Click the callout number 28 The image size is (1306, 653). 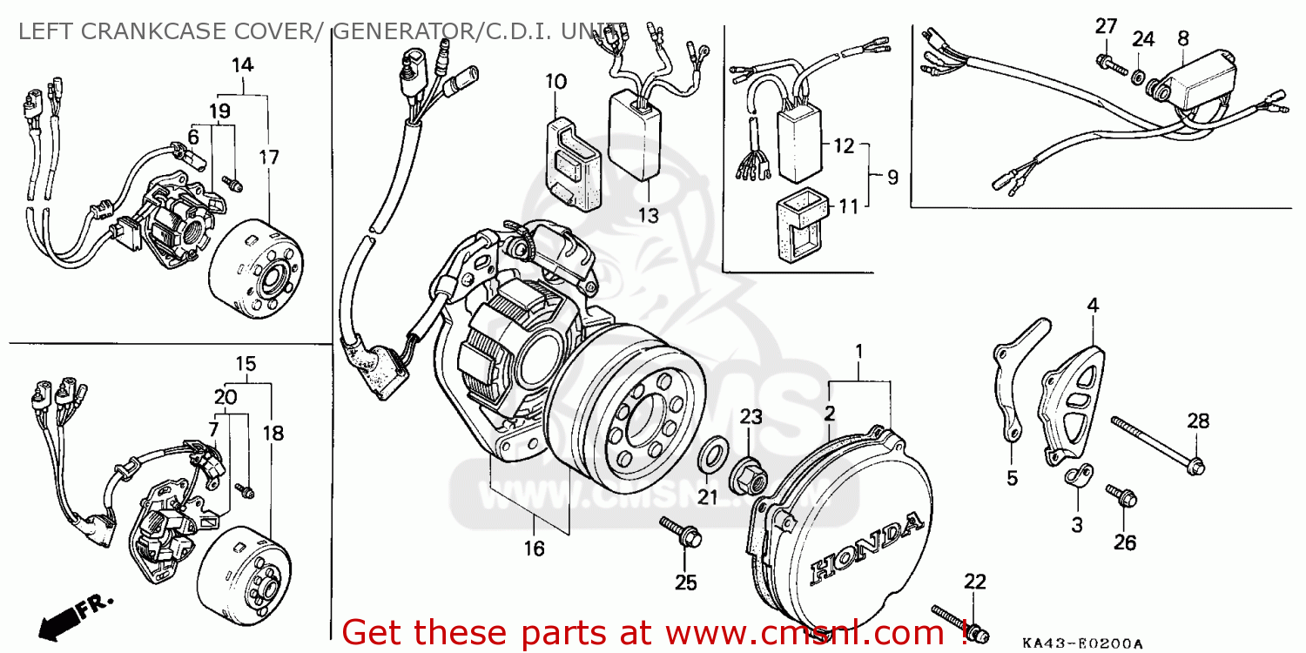1199,421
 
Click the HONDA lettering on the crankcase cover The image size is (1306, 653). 866,547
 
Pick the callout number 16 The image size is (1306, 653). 534,549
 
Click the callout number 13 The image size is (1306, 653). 647,215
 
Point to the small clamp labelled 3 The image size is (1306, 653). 1075,477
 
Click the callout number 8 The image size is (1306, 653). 1182,37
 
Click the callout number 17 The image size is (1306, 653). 269,158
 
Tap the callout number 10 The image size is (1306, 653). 556,82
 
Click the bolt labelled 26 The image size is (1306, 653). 1120,498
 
